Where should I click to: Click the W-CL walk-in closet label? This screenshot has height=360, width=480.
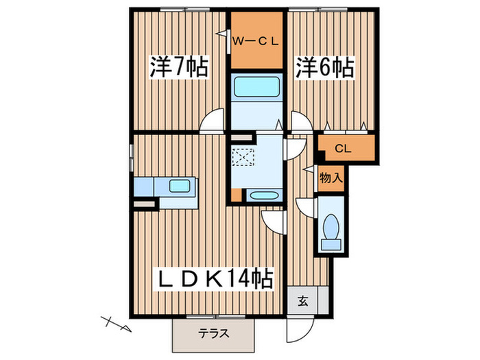pyautogui.click(x=256, y=41)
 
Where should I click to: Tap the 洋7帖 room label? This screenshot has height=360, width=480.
pyautogui.click(x=180, y=67)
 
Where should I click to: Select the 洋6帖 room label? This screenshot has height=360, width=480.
pyautogui.click(x=325, y=67)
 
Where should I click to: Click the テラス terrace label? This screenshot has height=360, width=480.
pyautogui.click(x=213, y=333)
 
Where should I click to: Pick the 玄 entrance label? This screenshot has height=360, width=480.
pyautogui.click(x=303, y=302)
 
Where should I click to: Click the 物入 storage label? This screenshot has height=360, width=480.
pyautogui.click(x=331, y=178)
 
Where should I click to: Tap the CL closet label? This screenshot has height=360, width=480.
pyautogui.click(x=343, y=149)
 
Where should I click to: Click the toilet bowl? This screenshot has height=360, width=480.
pyautogui.click(x=331, y=227)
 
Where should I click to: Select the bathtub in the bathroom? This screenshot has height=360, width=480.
pyautogui.click(x=257, y=87)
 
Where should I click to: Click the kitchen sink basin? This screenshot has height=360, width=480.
pyautogui.click(x=180, y=186)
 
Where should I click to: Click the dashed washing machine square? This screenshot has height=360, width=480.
pyautogui.click(x=243, y=157)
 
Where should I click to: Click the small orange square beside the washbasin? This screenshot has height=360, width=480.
pyautogui.click(x=236, y=195)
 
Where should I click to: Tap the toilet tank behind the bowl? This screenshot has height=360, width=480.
pyautogui.click(x=331, y=244)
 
